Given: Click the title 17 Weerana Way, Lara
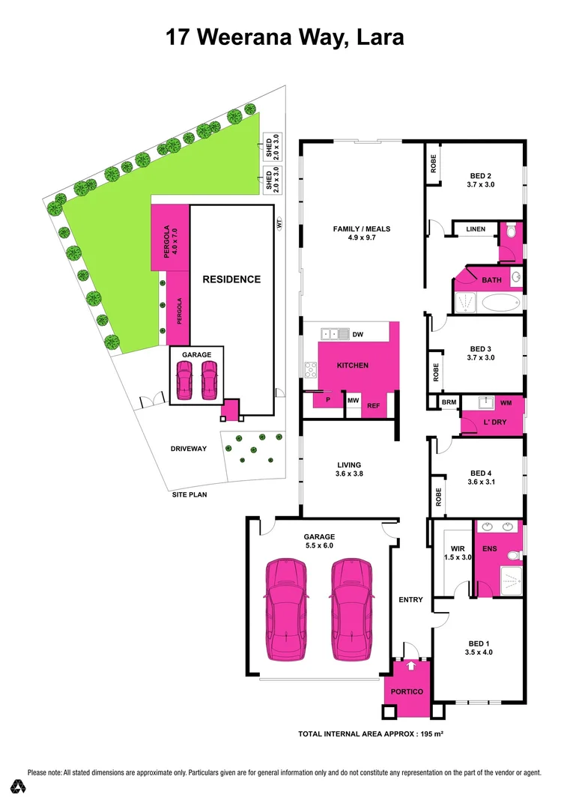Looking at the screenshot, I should (285, 37).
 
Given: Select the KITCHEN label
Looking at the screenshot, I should (352, 365).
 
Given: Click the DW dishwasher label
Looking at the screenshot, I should (357, 334).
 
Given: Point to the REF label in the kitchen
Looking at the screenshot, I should (373, 406).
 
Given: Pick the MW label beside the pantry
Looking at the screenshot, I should (352, 401).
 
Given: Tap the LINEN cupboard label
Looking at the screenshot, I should (475, 229).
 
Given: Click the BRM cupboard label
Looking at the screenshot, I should (449, 402).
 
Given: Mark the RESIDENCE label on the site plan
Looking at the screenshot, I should (231, 279).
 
